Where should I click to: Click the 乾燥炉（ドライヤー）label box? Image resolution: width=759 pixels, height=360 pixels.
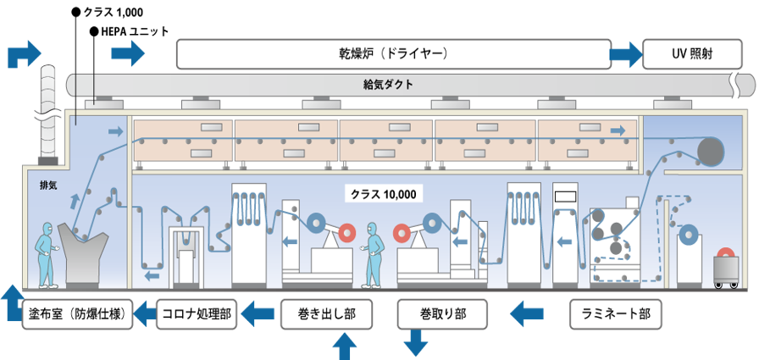[393, 54]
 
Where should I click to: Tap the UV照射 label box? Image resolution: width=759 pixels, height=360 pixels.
[690, 54]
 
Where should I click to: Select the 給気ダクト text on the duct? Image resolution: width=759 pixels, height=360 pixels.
[380, 85]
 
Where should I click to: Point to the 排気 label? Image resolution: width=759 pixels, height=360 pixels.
[48, 186]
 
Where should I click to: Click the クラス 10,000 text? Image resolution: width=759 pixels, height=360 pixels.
[384, 194]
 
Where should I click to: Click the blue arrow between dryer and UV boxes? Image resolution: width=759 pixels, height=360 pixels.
[626, 55]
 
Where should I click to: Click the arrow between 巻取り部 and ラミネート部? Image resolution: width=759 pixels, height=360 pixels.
[527, 313]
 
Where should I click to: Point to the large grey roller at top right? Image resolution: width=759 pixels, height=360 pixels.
[712, 152]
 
